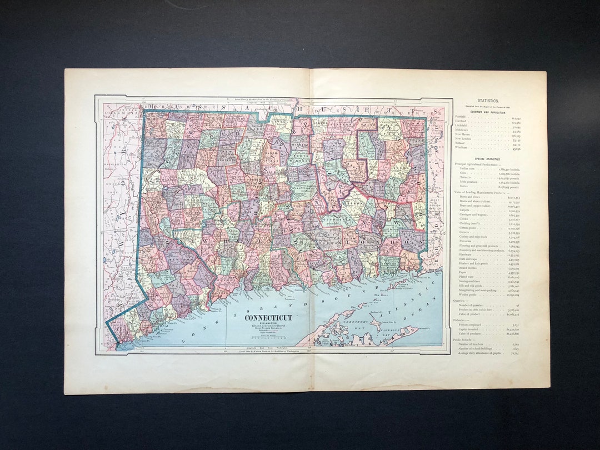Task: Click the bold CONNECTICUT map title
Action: click(x=268, y=318)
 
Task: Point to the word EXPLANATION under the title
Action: click(x=268, y=324)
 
